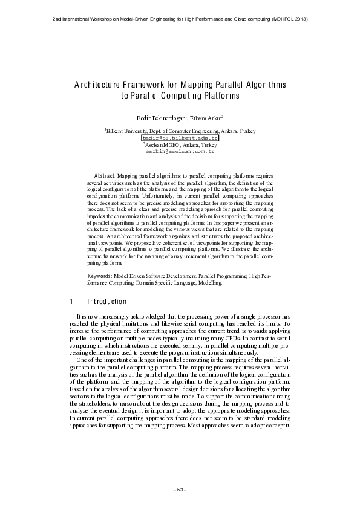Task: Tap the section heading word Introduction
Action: tap(107, 302)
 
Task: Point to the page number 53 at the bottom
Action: tap(180, 489)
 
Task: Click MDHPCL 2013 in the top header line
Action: tap(288, 19)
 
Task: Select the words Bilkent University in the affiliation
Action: tap(128, 131)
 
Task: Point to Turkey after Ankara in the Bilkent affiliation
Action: tap(248, 131)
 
